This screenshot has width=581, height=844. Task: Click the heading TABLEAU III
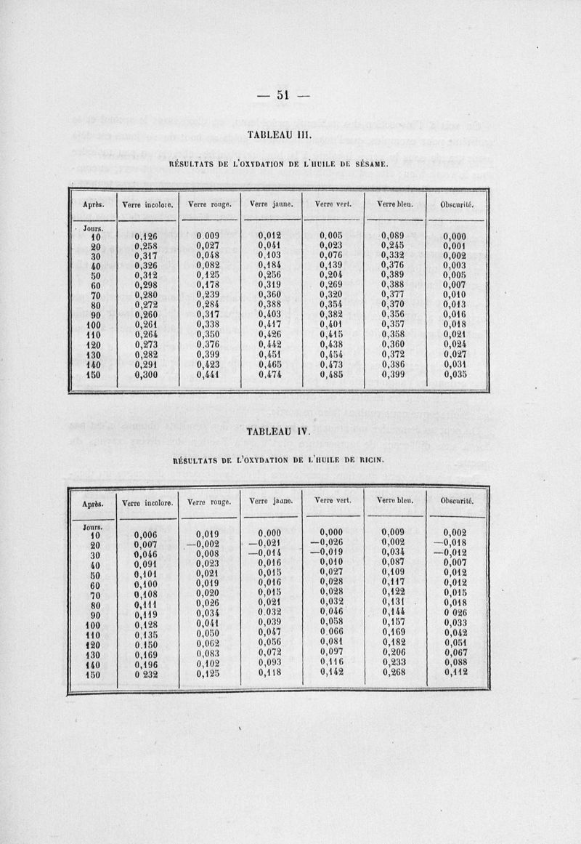coord(279,134)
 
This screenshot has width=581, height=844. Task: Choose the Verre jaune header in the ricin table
coord(271,501)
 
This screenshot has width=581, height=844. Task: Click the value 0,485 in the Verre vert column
coord(333,375)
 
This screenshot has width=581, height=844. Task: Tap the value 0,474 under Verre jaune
coord(271,375)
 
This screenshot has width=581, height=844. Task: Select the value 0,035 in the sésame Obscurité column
coord(456,375)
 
